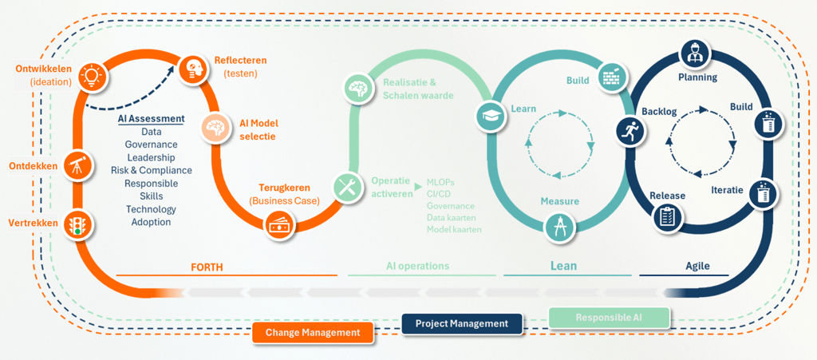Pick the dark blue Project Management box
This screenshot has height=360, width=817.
click(462, 323)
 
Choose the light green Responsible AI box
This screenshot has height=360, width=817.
click(609, 318)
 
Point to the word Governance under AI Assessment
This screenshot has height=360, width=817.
click(152, 144)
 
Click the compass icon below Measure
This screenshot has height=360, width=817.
click(558, 227)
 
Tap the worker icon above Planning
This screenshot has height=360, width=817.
click(693, 54)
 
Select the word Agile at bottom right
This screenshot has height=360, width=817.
click(697, 266)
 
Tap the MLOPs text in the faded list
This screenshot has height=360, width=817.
click(441, 182)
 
